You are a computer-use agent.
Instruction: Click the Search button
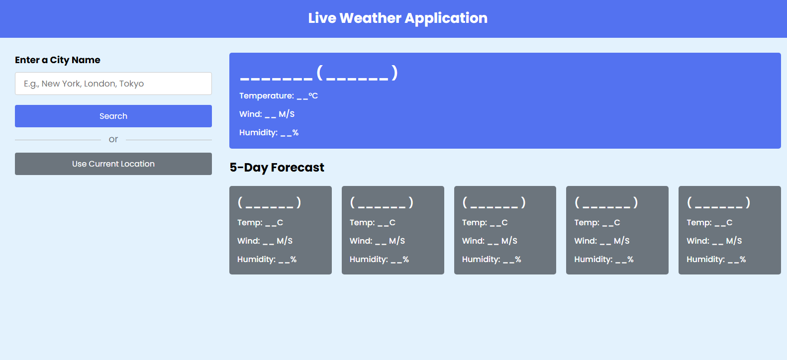[113, 116]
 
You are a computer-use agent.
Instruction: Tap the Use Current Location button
[113, 164]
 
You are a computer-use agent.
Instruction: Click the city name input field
[113, 84]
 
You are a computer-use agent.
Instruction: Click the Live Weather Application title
[397, 18]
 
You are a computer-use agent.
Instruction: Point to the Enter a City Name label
[58, 60]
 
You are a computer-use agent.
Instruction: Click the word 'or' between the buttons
[113, 139]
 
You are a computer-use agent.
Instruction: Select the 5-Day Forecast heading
[277, 168]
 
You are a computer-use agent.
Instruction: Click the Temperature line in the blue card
[279, 96]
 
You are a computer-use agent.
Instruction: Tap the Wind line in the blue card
[267, 114]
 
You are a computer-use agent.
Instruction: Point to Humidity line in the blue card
[269, 133]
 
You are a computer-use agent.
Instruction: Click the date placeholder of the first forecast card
[269, 202]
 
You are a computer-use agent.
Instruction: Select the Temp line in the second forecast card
[373, 223]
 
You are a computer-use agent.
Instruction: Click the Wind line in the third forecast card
[490, 241]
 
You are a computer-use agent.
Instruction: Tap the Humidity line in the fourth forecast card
[604, 260]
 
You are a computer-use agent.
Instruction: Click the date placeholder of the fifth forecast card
[718, 202]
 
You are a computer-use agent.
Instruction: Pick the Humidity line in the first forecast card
[267, 260]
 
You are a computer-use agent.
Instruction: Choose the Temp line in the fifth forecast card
[709, 223]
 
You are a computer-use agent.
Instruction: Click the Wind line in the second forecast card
[377, 241]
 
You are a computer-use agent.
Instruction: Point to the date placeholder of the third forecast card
[494, 202]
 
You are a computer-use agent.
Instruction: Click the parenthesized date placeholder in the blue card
[357, 74]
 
